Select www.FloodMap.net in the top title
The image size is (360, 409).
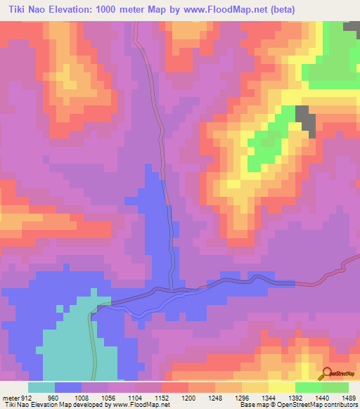(x=230, y=9)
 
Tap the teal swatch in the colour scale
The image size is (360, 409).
(x=41, y=387)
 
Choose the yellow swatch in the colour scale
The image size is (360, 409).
(x=281, y=387)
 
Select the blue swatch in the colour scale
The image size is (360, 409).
(x=68, y=387)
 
